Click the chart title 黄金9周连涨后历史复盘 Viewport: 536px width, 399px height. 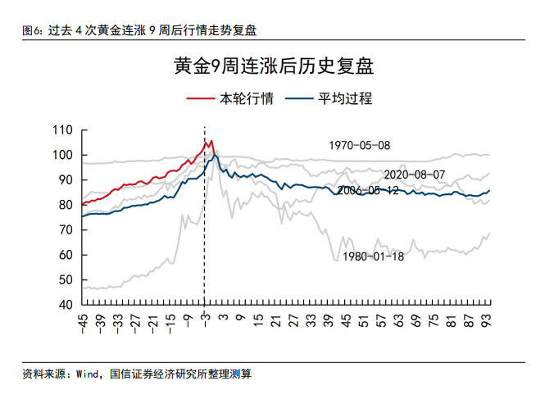coord(267,66)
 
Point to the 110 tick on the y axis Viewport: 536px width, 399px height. coord(62,130)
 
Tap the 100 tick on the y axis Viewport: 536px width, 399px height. coord(62,155)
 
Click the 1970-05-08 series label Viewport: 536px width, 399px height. coord(360,146)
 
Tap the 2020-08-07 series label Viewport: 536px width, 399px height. coord(414,175)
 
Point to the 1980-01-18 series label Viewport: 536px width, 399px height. coord(374,256)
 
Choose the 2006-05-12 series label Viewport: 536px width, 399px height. coord(367,190)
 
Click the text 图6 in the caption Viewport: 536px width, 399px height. coord(31,30)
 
